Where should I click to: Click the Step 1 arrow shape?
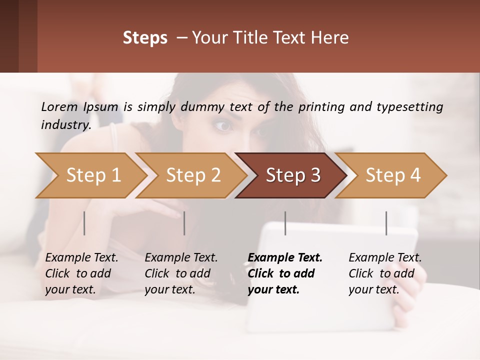[x=93, y=175]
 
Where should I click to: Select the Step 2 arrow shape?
[x=193, y=175]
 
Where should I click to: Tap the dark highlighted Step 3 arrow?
[x=292, y=175]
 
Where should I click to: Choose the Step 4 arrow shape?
[x=392, y=175]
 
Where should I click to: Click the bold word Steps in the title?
[x=145, y=37]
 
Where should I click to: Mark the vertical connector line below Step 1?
[x=84, y=223]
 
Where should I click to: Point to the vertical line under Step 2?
[x=184, y=223]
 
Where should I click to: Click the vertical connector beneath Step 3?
[x=285, y=223]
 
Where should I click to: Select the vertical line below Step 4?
[x=386, y=223]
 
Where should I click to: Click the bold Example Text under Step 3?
[x=285, y=258]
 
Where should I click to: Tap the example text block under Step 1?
[x=81, y=273]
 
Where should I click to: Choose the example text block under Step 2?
[x=181, y=273]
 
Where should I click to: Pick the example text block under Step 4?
[x=385, y=273]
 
